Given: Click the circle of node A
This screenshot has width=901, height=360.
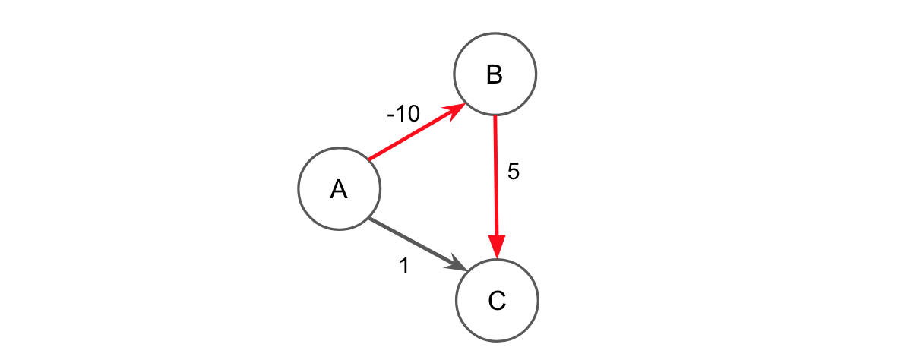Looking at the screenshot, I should point(339,189).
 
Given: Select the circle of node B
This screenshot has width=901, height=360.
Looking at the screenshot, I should point(495,74).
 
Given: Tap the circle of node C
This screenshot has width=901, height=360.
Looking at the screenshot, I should point(497,300).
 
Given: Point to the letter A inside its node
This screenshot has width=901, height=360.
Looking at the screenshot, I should point(339,190).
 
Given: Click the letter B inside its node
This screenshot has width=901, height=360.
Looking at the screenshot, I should point(495,74).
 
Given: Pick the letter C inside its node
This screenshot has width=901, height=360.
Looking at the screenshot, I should point(497,301).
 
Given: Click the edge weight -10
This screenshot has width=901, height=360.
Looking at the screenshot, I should point(403,114).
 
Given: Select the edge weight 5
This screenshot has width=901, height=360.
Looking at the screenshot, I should point(513,172).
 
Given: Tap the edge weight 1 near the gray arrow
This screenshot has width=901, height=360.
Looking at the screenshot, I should point(404,266).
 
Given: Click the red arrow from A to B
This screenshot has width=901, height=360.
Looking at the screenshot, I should point(414,134).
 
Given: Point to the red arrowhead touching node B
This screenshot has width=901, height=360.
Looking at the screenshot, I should point(457,109).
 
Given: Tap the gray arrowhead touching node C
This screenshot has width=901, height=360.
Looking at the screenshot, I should point(459,267).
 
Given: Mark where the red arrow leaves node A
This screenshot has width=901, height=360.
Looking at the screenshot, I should point(369,159).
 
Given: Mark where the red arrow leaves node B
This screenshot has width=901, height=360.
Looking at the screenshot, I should point(495,117).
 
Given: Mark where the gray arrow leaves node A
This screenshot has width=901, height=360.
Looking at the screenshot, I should point(369,219).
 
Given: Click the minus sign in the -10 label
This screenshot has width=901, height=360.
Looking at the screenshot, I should point(390,115).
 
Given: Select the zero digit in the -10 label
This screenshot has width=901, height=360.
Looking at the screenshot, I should point(413,114).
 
